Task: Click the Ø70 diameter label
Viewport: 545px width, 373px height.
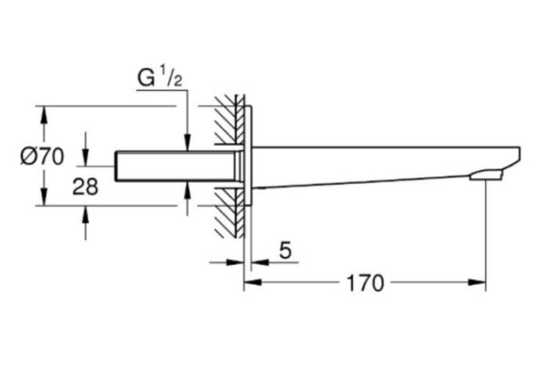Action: tap(41, 156)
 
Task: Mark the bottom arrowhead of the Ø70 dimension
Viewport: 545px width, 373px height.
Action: tap(44, 200)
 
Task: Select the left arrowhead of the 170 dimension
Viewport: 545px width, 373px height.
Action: tap(250, 283)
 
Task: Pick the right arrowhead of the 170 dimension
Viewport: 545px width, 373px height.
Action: tap(485, 283)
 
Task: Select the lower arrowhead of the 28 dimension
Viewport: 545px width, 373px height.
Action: tap(85, 212)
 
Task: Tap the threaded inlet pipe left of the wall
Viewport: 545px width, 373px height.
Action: tap(173, 165)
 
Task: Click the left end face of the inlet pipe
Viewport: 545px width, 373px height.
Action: tap(118, 165)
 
